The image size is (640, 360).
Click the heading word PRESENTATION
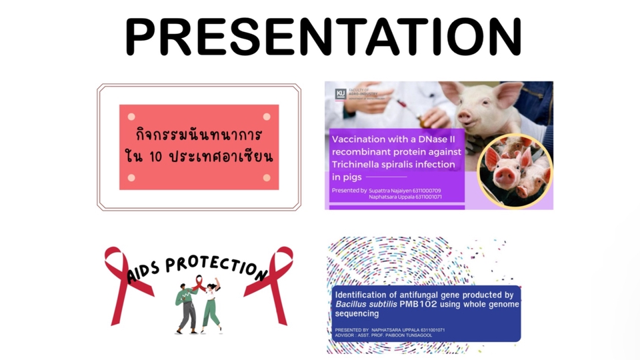pos(323,37)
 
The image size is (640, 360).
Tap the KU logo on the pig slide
pos(340,95)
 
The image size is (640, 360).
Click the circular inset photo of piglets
pos(514,171)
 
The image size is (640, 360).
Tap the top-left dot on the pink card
pos(131,117)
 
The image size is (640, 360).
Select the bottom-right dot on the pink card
pos(267,177)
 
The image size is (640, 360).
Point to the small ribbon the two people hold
pos(198,285)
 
